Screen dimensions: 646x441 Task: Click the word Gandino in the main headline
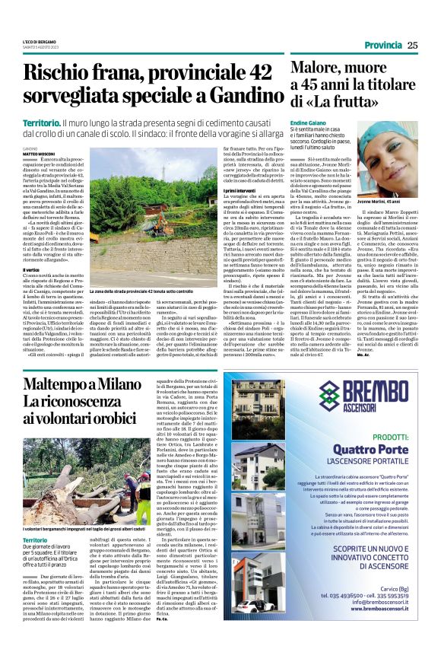236,97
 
